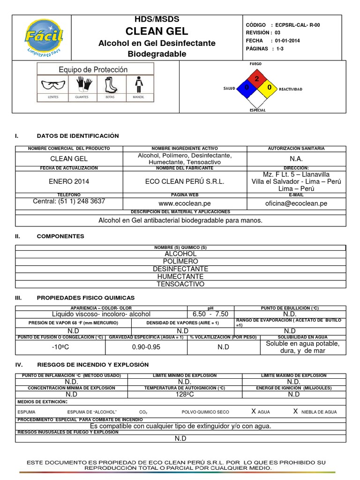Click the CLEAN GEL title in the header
[x=157, y=31]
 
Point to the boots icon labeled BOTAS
[x=110, y=85]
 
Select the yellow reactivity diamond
[x=269, y=88]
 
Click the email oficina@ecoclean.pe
[x=296, y=203]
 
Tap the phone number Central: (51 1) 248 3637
[x=69, y=201]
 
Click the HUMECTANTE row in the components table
[x=180, y=277]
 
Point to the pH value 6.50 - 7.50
[x=210, y=314]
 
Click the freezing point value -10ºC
[x=60, y=347]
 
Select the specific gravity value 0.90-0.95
[x=146, y=347]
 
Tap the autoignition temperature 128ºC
[x=180, y=394]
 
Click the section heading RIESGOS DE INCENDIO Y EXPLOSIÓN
[x=92, y=364]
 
